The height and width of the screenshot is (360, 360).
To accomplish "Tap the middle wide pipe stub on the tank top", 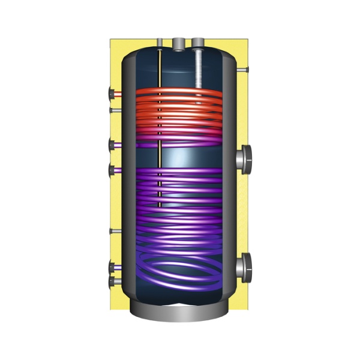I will click(178, 43).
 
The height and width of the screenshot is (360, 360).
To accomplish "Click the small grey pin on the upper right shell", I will click(242, 71).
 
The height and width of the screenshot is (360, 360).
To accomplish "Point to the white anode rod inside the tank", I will click(198, 69).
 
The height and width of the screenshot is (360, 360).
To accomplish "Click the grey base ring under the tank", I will click(180, 312).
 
